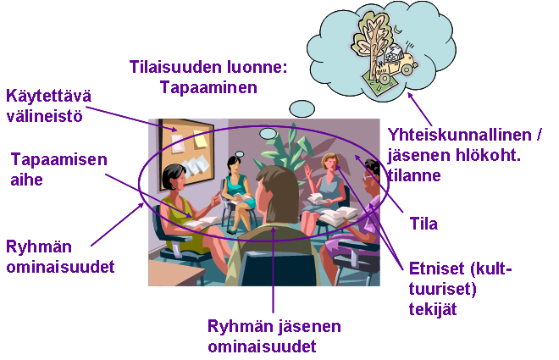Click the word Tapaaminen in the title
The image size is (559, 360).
(208, 87)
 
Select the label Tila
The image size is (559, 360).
(423, 224)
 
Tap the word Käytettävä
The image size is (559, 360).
(49, 97)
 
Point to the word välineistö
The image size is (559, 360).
(45, 116)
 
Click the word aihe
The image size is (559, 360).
(27, 180)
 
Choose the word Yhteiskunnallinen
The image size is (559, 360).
(460, 135)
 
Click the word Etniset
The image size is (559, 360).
(436, 269)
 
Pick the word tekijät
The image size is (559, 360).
(433, 309)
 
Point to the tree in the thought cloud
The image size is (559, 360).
(371, 42)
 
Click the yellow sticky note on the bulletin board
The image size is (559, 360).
(200, 140)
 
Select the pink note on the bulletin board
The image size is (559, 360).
(178, 143)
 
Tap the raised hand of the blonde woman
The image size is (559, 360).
(308, 170)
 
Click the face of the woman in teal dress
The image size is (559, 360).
(234, 165)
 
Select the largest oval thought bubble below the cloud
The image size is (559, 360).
(302, 108)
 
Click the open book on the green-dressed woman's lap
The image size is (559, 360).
(202, 222)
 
